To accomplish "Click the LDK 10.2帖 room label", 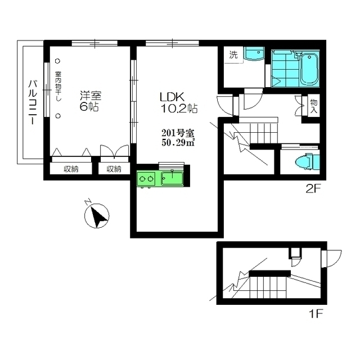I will pos(177,101).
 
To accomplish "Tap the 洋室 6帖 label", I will pos(89,101).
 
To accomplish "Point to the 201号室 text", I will pos(178,133).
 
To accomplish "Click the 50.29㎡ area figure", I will pos(178,143).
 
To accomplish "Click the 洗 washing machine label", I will pos(233,55).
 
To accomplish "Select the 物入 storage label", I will pos(313,107).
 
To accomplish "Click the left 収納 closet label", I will pos(70,169).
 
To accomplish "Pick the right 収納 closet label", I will pos(114,169).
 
